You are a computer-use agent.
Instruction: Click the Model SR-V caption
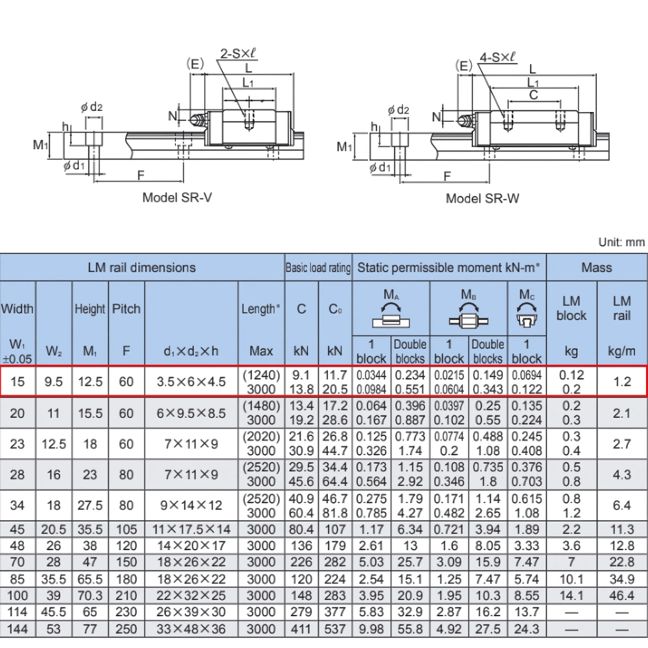point(177,197)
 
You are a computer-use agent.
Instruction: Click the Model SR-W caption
point(482,198)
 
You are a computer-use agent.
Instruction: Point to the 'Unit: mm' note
point(621,242)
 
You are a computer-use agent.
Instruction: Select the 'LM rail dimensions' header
point(142,267)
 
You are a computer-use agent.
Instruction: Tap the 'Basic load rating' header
point(318,268)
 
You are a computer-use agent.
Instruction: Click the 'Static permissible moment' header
point(449,267)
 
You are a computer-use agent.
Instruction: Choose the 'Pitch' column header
point(126,309)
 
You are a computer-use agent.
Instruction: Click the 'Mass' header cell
point(596,267)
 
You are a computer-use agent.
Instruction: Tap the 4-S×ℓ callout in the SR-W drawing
point(498,57)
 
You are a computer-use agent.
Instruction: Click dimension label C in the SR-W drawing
point(533,94)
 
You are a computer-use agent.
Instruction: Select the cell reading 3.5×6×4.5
point(191,382)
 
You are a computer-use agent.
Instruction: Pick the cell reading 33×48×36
point(191,628)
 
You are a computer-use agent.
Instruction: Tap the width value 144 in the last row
point(17,628)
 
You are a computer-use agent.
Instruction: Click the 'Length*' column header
point(261,309)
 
